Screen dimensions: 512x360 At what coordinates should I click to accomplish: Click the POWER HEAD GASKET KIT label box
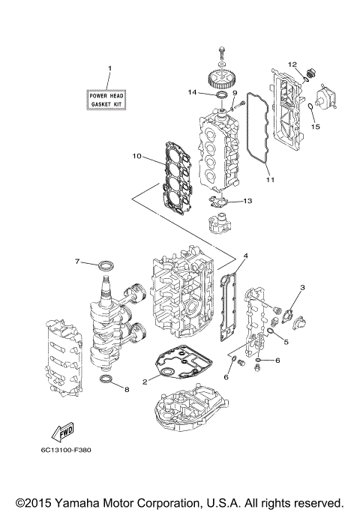[x=105, y=99]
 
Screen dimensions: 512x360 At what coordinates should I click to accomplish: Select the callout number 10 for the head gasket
[x=136, y=156]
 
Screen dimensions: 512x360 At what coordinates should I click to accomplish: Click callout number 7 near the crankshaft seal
[x=76, y=261]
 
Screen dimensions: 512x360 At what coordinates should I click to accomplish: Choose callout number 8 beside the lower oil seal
[x=127, y=390]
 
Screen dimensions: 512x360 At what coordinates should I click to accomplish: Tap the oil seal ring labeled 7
[x=108, y=265]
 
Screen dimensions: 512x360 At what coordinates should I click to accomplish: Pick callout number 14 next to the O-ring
[x=193, y=93]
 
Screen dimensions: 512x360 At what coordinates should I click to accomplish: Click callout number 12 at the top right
[x=293, y=64]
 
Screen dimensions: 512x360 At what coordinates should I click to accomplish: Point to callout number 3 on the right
[x=302, y=287]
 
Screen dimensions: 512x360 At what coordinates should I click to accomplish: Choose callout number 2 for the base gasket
[x=145, y=382]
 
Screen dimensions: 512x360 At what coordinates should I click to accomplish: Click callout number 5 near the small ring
[x=286, y=343]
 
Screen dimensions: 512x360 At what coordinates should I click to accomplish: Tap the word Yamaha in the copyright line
[x=74, y=502]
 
